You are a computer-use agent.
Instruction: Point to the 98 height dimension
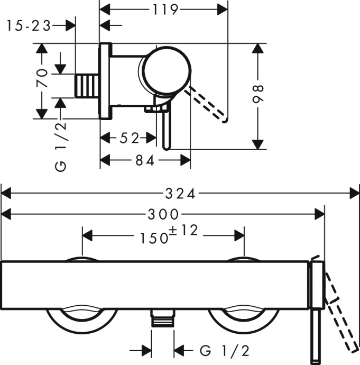tap(258, 94)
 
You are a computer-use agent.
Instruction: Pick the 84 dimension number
tap(144, 161)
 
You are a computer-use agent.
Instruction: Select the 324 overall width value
tap(180, 194)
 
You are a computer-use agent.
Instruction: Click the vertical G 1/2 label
tap(61, 145)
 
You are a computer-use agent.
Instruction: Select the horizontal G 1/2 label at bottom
tap(224, 350)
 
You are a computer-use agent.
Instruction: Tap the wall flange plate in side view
tap(105, 81)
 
